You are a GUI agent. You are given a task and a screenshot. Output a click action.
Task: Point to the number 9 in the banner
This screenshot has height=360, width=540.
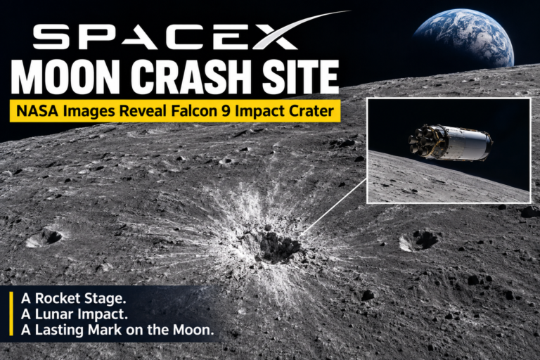[x=226, y=111]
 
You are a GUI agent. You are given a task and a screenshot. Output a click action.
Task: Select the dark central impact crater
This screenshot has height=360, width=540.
[x=277, y=245]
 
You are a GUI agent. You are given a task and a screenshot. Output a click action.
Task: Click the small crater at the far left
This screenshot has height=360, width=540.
[x=44, y=238]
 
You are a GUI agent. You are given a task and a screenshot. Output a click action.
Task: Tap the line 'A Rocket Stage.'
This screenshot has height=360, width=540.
[x=73, y=298]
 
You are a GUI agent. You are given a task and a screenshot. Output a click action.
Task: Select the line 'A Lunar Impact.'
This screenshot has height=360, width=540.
[x=75, y=314]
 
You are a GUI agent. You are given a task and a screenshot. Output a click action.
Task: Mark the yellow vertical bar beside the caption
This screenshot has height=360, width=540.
[x=11, y=314]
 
